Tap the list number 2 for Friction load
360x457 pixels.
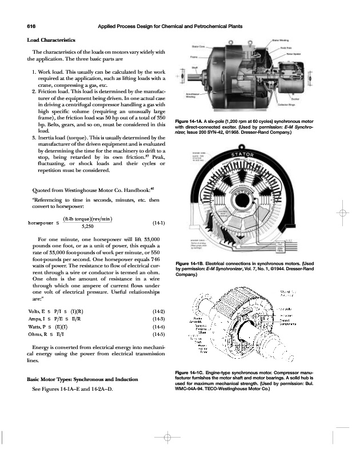coord(34,91)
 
